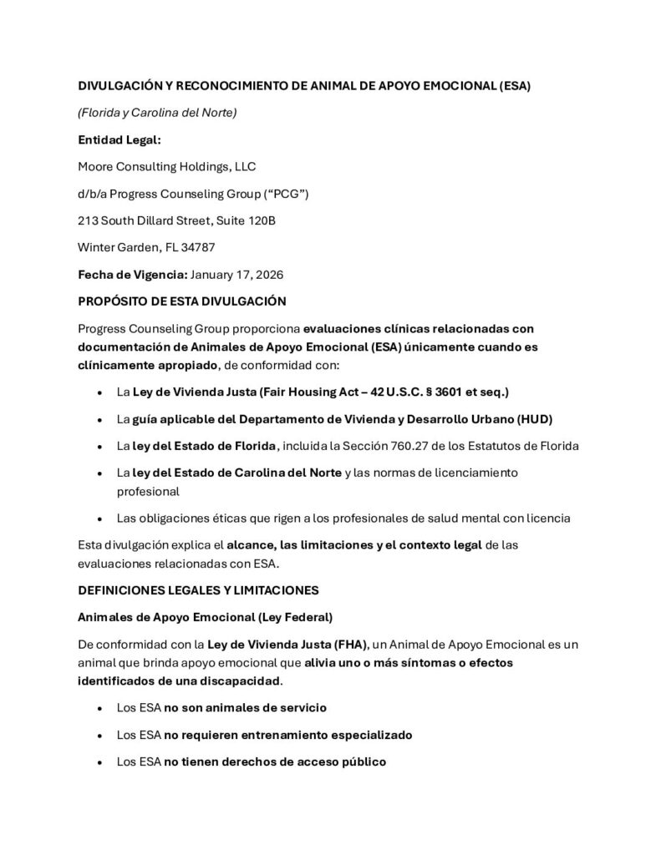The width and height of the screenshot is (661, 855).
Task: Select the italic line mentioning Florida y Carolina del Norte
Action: (157, 112)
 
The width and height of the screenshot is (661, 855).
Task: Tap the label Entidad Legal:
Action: (119, 139)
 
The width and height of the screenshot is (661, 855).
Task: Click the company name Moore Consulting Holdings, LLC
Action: (166, 166)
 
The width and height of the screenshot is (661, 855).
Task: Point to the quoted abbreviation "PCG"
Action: (288, 194)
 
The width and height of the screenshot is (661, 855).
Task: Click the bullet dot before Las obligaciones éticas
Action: (100, 519)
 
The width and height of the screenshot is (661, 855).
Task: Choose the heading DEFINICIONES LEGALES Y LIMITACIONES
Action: (198, 589)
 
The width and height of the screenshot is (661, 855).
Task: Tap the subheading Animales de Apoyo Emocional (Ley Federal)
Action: (205, 617)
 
